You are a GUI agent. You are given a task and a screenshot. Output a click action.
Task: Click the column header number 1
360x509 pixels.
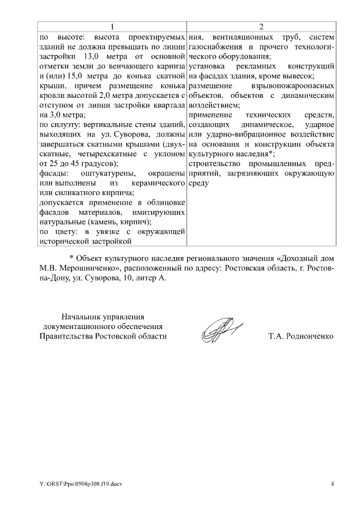click(112, 27)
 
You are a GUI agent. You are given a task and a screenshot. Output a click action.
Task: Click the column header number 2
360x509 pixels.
click(261, 27)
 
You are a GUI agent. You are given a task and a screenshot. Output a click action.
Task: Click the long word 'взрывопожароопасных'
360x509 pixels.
click(295, 85)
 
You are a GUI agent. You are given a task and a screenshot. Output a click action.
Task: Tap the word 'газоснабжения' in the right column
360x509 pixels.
click(216, 47)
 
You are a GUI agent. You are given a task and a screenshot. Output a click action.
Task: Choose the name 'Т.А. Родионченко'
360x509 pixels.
click(301, 336)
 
